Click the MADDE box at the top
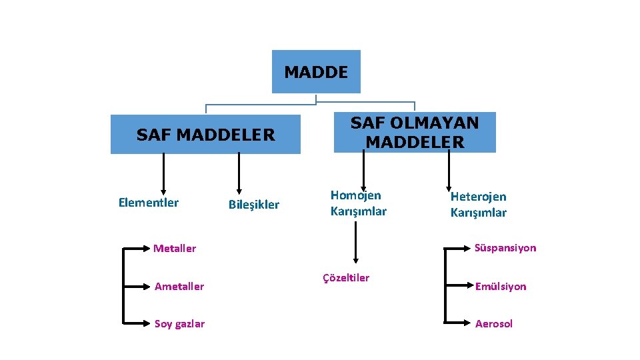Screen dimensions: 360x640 (316, 72)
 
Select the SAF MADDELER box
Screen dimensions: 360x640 (205, 135)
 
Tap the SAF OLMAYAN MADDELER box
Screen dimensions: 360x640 (415, 132)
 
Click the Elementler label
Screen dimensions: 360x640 (149, 203)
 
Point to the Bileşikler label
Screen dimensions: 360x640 (254, 205)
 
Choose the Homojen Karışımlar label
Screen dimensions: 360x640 (358, 203)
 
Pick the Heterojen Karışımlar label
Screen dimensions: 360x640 (478, 205)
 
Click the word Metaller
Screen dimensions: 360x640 (175, 249)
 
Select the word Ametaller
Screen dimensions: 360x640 (179, 287)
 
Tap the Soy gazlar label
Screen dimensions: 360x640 (179, 324)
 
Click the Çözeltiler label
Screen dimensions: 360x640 (346, 278)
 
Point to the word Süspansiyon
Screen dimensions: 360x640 (505, 248)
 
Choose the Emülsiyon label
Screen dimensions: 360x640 (501, 287)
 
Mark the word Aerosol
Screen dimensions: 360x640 (494, 324)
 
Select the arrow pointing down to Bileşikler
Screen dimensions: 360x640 (238, 175)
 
